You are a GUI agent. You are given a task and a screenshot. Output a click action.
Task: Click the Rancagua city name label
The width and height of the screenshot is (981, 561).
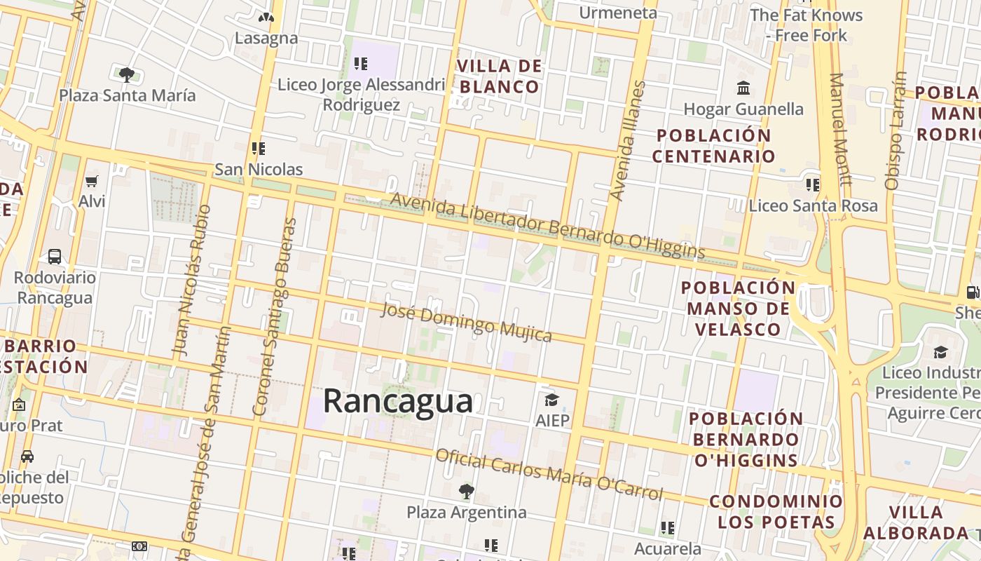tap(397, 402)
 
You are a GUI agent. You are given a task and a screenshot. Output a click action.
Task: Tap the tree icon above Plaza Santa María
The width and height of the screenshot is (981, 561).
tap(126, 74)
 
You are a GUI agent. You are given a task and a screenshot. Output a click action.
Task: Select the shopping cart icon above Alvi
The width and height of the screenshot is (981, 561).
tap(91, 182)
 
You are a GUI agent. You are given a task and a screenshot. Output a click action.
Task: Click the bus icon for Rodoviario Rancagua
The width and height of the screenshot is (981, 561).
tap(55, 257)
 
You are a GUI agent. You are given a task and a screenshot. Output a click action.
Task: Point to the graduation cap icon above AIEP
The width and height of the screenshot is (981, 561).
tap(551, 400)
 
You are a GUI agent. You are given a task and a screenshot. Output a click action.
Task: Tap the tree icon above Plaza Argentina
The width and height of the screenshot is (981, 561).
tap(466, 491)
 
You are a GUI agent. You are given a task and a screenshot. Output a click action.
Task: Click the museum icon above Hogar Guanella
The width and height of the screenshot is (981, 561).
tap(743, 88)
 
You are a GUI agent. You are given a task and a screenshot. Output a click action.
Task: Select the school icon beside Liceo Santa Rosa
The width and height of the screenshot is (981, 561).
tap(812, 185)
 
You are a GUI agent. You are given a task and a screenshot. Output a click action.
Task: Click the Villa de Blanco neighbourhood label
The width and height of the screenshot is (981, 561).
tap(499, 76)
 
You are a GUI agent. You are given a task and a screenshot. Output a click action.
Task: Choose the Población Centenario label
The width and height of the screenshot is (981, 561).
tap(714, 145)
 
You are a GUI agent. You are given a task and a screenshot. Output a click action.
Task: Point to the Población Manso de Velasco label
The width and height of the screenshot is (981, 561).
tap(739, 309)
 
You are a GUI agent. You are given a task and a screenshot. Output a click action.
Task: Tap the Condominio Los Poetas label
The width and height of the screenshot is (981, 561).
tap(776, 511)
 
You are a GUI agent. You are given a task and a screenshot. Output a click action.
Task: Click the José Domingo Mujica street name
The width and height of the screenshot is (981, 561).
tap(466, 322)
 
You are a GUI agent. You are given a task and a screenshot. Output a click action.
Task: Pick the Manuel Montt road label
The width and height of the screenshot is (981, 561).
tap(840, 129)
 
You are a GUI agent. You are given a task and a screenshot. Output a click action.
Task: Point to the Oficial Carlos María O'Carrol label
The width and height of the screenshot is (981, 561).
tap(549, 475)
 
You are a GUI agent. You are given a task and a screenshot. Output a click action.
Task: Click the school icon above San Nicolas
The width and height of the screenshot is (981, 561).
tap(259, 149)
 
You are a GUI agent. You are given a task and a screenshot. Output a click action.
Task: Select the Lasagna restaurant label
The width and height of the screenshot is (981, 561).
tap(266, 38)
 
